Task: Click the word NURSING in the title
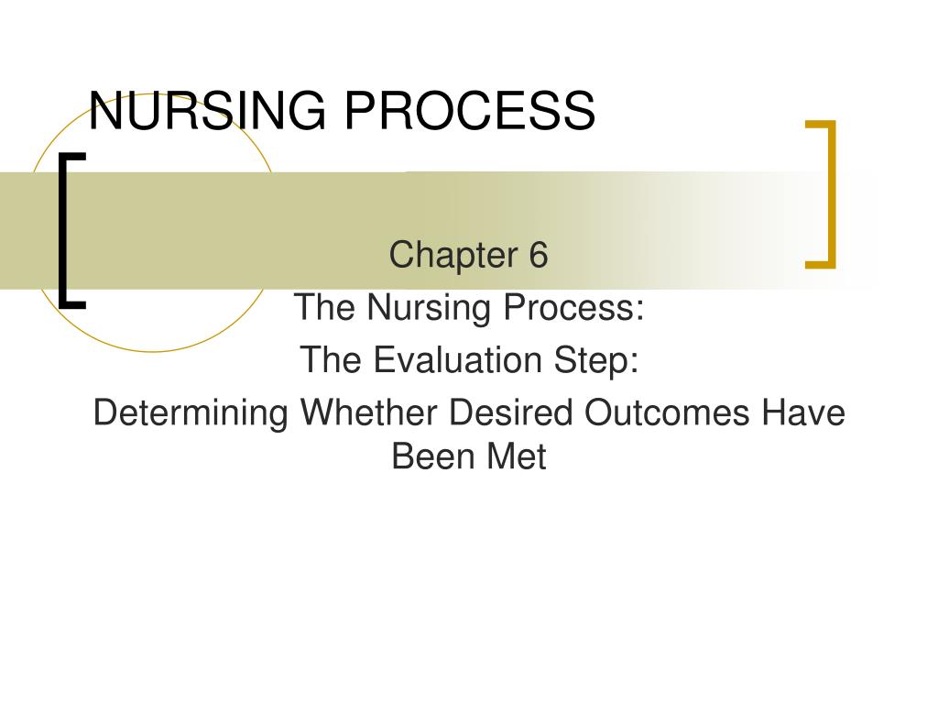tap(206, 111)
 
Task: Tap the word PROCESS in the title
tap(470, 111)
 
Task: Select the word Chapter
tap(451, 255)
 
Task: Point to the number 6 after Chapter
tap(537, 255)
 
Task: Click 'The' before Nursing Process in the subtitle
tap(325, 308)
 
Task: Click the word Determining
tap(191, 413)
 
